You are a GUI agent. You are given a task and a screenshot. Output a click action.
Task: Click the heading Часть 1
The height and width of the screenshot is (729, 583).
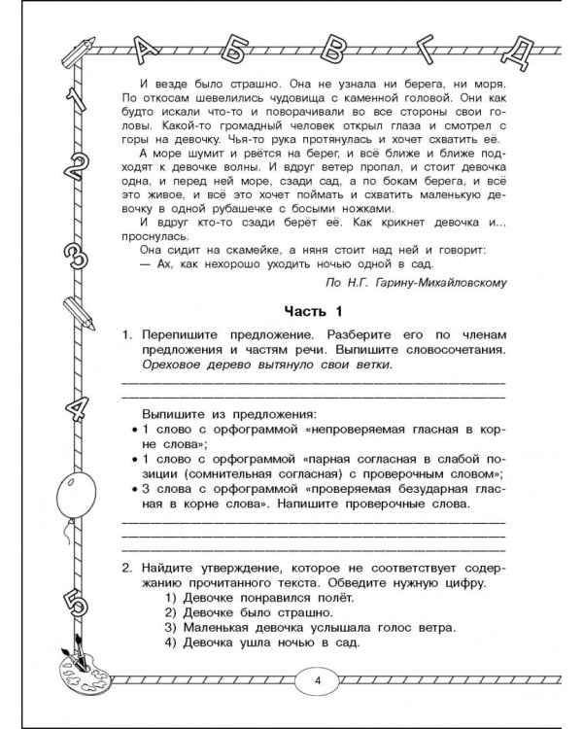313,311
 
